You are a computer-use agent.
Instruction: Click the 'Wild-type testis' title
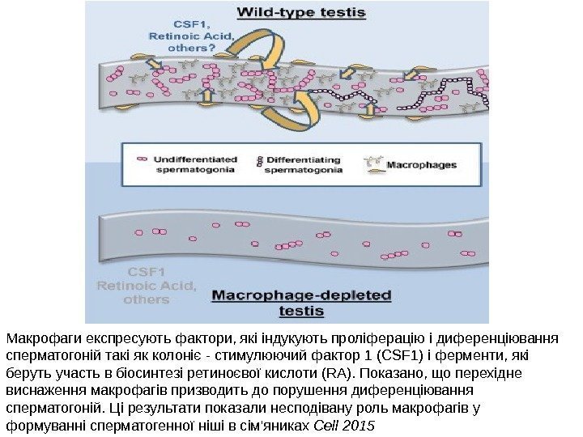click(300, 13)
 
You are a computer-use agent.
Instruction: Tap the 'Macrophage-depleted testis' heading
click(301, 302)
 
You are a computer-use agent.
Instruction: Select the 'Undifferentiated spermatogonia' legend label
click(195, 164)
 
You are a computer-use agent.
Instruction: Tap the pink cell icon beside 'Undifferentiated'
click(143, 159)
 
